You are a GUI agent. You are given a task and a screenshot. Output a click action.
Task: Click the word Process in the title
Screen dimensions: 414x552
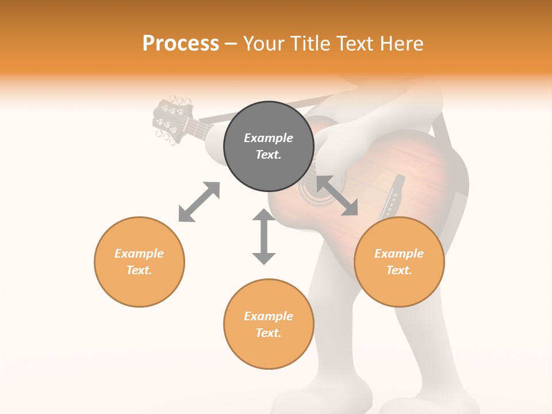tap(181, 44)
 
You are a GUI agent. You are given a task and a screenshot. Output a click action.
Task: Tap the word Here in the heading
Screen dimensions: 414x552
tap(400, 44)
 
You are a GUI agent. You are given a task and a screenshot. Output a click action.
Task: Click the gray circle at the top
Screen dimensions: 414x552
tap(269, 146)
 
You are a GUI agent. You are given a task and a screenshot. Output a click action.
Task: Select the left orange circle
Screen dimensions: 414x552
tap(139, 262)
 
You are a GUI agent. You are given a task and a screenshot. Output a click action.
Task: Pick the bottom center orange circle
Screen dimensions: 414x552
tap(269, 324)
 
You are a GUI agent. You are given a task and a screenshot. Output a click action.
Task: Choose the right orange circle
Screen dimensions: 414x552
tap(399, 262)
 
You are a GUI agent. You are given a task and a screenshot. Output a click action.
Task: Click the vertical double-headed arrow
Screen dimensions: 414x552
tap(264, 236)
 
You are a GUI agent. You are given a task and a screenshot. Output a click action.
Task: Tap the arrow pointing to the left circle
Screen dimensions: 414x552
tap(199, 202)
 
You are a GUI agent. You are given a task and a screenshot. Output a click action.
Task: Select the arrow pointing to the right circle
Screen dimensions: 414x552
tap(337, 196)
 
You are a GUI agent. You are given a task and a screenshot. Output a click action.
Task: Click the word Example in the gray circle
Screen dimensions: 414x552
tap(269, 138)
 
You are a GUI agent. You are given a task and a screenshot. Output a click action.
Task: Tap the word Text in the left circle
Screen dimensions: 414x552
tap(139, 270)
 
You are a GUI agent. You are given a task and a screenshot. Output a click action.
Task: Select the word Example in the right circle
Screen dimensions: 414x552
tap(399, 254)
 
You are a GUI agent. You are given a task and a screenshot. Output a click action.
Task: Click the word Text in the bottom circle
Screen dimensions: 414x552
tap(269, 333)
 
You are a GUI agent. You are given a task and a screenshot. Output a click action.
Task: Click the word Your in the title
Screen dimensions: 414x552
tap(265, 44)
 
